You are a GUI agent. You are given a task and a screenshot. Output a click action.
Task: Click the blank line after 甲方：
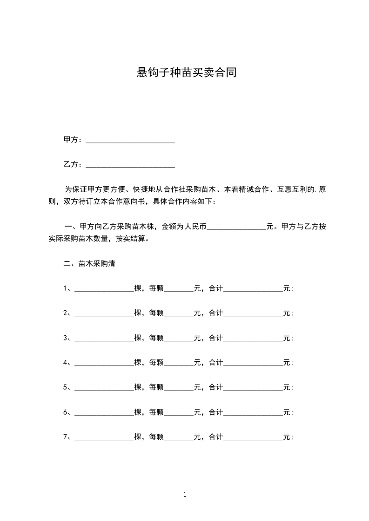coord(130,140)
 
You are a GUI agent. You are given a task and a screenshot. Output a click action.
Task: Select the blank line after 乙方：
coord(130,164)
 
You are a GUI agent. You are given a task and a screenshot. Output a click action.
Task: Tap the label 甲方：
coord(74,140)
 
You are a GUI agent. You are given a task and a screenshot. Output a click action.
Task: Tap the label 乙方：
coord(74,164)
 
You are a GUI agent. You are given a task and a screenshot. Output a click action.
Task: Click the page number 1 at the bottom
coord(185,495)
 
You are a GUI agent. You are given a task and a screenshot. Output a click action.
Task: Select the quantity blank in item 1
coord(104,288)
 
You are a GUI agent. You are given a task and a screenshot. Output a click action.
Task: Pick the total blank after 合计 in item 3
coord(253,338)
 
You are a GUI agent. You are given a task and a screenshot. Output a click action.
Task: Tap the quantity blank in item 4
coord(104,363)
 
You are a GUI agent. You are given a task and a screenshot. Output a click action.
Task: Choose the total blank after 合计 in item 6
coord(253,412)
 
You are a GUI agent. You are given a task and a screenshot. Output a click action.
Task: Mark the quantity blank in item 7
coord(104,437)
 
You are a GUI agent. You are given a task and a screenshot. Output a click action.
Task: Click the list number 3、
coord(67,338)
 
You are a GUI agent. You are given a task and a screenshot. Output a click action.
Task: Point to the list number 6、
coord(67,412)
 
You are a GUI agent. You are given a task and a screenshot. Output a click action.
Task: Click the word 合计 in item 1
coord(216,288)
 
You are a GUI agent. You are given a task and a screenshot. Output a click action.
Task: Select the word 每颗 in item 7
coord(156,437)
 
